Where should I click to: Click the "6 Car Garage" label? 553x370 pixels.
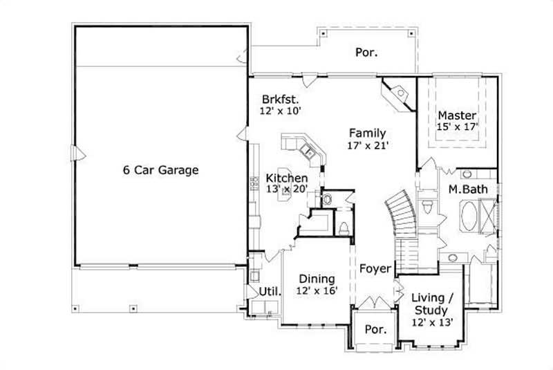[161, 170]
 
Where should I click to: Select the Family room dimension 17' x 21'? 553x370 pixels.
[367, 146]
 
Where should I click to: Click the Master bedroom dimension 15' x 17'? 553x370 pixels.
[457, 127]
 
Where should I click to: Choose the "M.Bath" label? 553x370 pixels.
[465, 189]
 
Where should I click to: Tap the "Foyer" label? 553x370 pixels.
[375, 268]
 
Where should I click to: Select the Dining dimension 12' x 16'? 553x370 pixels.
[317, 291]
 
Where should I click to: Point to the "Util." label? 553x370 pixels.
[270, 291]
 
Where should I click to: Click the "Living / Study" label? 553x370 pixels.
[432, 304]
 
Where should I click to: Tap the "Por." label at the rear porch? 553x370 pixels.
[366, 52]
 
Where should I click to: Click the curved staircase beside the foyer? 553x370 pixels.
[399, 214]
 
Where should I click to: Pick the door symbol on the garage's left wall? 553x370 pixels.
[78, 151]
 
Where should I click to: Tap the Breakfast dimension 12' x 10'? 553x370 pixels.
[279, 110]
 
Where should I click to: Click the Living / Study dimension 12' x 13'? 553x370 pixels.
[432, 322]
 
